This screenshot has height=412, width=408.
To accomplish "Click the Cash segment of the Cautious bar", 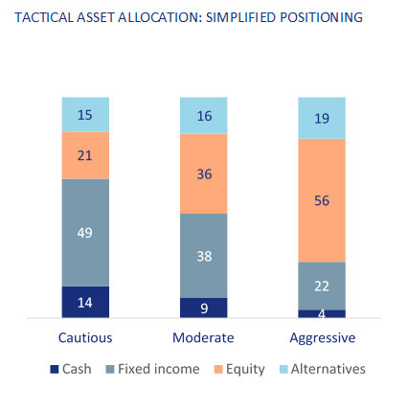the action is [x=85, y=302].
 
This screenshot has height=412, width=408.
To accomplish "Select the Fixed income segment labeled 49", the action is [x=85, y=233].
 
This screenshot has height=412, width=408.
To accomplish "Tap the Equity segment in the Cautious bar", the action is [x=85, y=155].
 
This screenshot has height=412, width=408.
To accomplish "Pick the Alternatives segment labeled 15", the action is [x=85, y=115].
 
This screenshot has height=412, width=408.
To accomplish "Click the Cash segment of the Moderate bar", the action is [x=204, y=308].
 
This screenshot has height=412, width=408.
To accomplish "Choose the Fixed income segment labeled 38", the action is [x=204, y=256].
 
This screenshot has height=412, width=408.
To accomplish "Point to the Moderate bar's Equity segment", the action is [x=204, y=173].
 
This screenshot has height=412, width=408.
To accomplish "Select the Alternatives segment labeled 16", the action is [x=204, y=116].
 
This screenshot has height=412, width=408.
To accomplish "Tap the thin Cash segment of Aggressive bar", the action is [x=322, y=313].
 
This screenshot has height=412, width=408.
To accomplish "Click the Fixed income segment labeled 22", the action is [x=322, y=286].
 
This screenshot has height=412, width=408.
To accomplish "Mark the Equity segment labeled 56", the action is [x=322, y=200].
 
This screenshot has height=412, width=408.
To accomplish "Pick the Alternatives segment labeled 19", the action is [x=322, y=118].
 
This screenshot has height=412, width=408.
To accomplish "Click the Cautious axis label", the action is [x=85, y=337].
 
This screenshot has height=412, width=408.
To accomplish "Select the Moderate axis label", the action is [x=203, y=337].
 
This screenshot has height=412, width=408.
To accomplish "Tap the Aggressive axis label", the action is [x=323, y=338].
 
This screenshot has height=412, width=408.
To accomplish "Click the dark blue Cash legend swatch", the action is [x=55, y=369].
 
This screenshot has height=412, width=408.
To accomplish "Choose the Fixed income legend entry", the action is [x=152, y=369].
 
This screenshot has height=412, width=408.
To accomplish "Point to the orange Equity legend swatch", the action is [x=218, y=369].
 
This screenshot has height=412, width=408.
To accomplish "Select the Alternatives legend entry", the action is [x=323, y=369].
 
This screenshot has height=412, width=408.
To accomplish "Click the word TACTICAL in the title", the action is [x=44, y=17].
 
